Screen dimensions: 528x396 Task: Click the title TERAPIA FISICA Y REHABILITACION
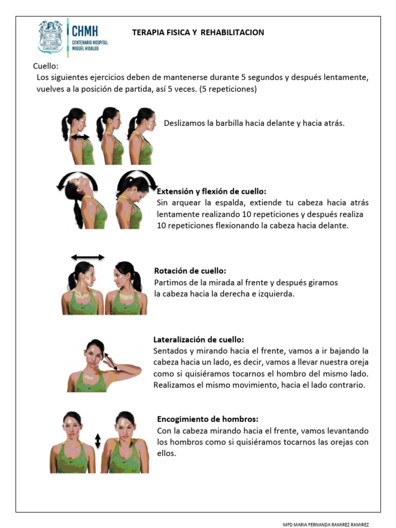coord(198,32)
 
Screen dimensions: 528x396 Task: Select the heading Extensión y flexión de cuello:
coord(211,191)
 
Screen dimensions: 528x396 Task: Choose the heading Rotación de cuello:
coord(190,271)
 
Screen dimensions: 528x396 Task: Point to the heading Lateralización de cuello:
coord(199,340)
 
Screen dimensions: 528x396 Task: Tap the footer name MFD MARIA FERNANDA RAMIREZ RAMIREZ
coord(326,524)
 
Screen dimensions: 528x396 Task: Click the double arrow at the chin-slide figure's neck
coord(80,137)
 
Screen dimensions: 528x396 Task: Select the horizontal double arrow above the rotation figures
coord(88,257)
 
